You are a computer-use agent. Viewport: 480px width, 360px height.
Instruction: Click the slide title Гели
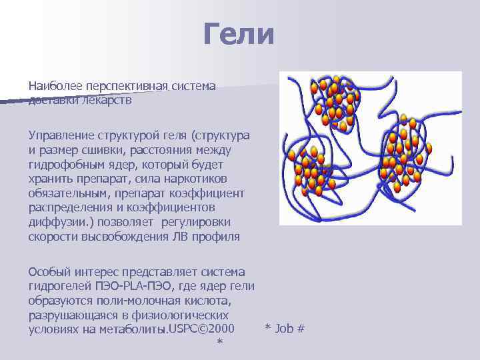coord(239,34)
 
